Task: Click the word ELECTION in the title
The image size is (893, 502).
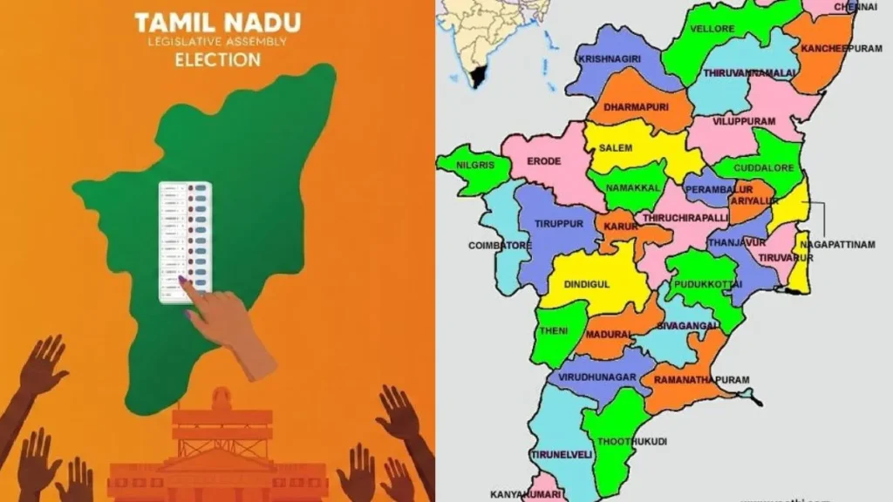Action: click(217, 60)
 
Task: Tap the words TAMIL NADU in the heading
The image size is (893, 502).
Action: click(217, 22)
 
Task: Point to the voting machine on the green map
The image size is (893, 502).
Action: click(186, 241)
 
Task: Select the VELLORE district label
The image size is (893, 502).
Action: click(712, 29)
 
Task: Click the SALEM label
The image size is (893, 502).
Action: click(615, 148)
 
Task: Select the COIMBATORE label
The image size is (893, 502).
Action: click(500, 246)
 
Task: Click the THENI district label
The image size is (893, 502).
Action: click(554, 331)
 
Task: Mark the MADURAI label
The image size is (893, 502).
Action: click(610, 332)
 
